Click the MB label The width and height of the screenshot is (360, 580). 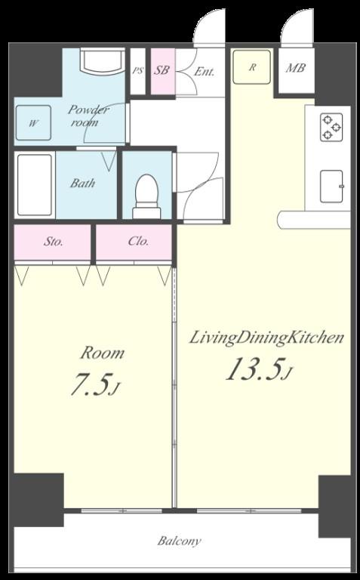click(294, 68)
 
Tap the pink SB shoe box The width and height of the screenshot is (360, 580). click(162, 72)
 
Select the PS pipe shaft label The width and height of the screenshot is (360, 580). click(137, 72)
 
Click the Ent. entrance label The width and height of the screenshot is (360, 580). click(204, 72)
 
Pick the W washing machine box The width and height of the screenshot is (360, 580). click(34, 122)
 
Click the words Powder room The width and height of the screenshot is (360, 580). click(90, 116)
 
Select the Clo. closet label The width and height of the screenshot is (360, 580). click(137, 242)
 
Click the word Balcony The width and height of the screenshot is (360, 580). click(180, 541)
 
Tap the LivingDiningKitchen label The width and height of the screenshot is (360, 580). click(266, 338)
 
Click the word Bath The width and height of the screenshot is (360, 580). click(83, 184)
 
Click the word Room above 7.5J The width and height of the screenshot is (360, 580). click(102, 353)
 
